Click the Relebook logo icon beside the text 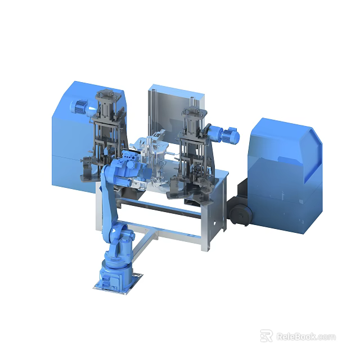[x=266, y=336]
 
